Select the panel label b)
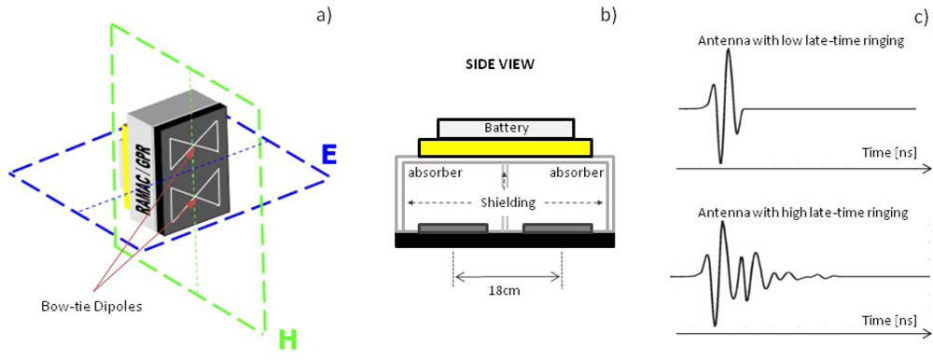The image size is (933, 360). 608,14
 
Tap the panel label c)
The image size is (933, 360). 918,14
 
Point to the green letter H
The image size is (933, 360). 288,340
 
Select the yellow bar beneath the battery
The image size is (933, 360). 505,147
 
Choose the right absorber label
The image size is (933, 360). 575,173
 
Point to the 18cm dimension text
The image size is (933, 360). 506,289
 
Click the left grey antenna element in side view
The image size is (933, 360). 453,228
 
